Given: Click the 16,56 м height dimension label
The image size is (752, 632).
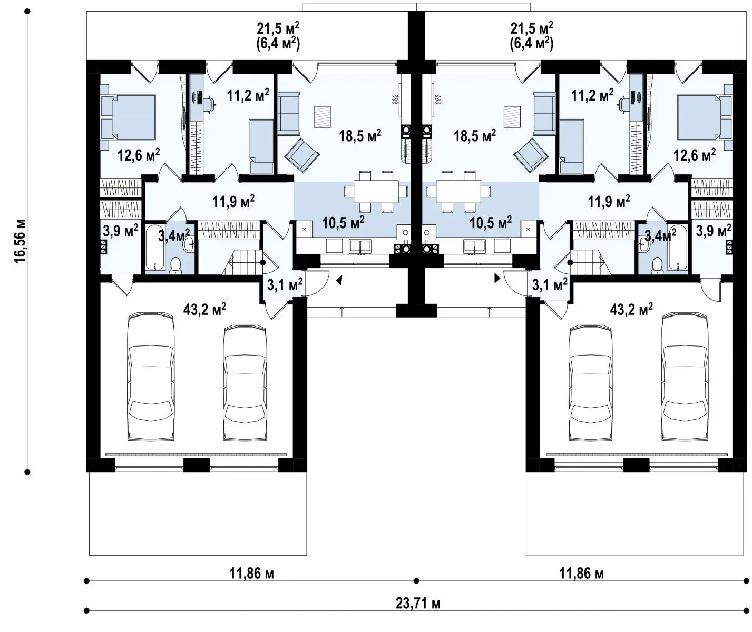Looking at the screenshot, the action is click(20, 241).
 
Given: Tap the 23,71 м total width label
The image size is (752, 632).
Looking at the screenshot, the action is click(418, 603).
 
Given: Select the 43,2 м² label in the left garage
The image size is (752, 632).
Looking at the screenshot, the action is click(204, 309).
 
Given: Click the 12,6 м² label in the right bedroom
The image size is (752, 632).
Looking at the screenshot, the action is click(695, 155).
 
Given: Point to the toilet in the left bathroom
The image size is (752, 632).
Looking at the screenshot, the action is click(175, 265).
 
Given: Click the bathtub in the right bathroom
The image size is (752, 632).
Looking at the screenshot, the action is click(678, 247).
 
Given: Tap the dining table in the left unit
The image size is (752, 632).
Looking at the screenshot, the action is click(376, 191).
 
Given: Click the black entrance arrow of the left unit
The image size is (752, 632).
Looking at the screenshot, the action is click(339, 281).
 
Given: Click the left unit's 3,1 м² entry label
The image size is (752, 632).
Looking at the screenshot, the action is click(285, 284).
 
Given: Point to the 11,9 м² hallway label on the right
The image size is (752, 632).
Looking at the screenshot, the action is click(609, 201).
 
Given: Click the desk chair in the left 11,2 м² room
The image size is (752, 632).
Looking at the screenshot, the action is click(209, 104).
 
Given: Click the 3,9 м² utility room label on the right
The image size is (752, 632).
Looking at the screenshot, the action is click(714, 231).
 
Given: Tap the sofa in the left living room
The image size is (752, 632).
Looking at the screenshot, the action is click(288, 114).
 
